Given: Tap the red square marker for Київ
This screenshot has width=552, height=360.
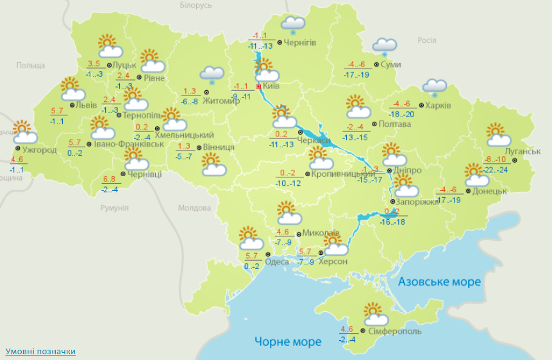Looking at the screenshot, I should (259, 86).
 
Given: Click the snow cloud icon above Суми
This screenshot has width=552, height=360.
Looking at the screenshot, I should (385, 46).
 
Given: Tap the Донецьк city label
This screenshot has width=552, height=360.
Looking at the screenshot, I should (490, 191).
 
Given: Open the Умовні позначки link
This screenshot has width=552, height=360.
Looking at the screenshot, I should (40, 352).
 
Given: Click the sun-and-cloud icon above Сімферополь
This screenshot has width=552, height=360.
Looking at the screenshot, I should (376, 315).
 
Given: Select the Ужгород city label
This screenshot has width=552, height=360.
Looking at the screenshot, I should (40, 151).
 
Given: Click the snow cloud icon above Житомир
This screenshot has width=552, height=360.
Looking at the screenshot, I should (212, 76).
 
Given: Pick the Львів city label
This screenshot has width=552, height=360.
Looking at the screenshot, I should (86, 105).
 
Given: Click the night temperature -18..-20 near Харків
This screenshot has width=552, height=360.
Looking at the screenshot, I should (402, 113).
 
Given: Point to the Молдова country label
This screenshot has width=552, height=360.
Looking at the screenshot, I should (194, 208).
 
